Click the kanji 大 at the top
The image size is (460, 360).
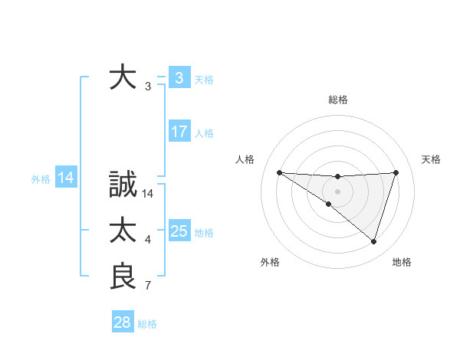click(x=123, y=77)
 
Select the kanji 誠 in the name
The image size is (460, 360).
click(x=123, y=185)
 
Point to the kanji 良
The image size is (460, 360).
click(x=123, y=277)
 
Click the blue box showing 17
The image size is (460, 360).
click(x=179, y=132)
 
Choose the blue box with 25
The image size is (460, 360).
click(x=179, y=231)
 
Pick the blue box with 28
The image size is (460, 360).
click(x=123, y=322)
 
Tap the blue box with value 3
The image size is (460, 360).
click(x=179, y=77)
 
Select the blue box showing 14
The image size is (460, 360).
click(x=66, y=178)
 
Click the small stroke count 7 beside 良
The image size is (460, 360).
click(x=148, y=286)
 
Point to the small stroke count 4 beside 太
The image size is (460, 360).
click(x=148, y=241)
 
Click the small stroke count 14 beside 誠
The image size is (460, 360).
click(x=148, y=195)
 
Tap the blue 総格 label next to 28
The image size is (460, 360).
click(x=148, y=324)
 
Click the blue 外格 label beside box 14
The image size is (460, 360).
click(x=41, y=179)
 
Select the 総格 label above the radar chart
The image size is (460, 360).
click(x=338, y=100)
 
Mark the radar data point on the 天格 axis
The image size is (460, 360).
click(x=396, y=172)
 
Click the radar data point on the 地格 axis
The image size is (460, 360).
click(x=374, y=241)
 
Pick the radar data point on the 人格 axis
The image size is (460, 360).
click(x=279, y=172)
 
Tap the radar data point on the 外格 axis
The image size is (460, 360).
click(x=329, y=204)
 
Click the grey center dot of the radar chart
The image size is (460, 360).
click(x=338, y=191)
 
